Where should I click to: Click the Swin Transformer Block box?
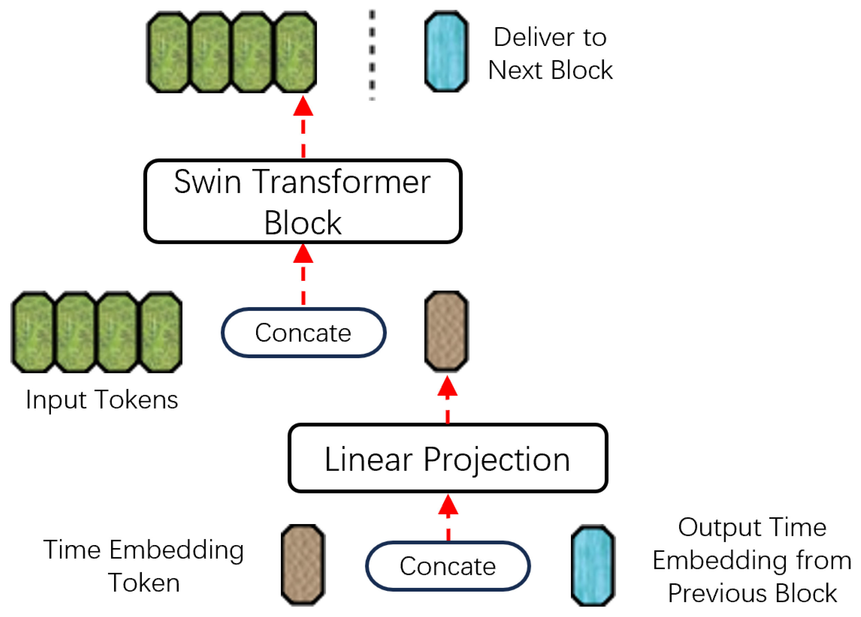303,201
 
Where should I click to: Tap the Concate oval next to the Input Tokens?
303,332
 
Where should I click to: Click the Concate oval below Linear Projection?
448,566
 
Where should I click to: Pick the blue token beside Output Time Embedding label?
593,565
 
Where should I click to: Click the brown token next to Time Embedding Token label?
303,565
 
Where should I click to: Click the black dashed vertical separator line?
372,55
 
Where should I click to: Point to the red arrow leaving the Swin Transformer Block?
303,127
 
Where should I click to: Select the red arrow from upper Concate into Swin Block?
303,275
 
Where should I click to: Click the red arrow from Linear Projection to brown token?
447,400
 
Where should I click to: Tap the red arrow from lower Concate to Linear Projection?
448,518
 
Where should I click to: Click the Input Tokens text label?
102,400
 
